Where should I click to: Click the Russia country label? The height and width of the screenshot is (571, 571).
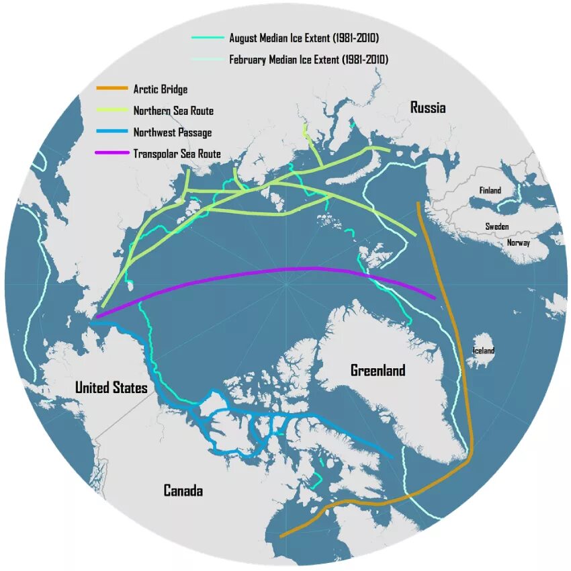coord(428,108)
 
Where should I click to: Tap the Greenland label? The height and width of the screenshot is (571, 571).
coord(378,370)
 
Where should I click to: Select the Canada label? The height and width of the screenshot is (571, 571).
coord(183,491)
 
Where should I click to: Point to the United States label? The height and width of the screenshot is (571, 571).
coord(111,388)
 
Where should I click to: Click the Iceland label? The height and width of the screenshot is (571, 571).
coord(484,351)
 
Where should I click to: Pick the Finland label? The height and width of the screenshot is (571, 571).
coord(490,191)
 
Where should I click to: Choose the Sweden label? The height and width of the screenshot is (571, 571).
coord(497,227)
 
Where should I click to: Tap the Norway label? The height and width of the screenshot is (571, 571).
coord(518,243)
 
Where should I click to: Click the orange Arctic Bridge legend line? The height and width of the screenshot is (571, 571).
coord(112,89)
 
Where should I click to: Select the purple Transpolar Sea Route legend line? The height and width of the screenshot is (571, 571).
coord(112,153)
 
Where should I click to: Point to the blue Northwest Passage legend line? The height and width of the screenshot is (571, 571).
coord(112,132)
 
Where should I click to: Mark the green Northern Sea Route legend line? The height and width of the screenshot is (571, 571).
coord(112,110)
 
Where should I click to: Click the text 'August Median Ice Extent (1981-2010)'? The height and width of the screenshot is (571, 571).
coord(308,38)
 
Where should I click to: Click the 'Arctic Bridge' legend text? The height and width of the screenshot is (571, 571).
coord(161,89)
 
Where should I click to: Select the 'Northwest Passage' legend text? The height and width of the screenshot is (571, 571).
coord(172,132)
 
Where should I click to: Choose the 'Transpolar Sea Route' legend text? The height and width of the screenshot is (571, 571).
coord(177,154)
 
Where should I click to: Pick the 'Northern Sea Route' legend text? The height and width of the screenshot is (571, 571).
coord(173,111)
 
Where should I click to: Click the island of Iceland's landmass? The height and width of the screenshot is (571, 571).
coord(481,360)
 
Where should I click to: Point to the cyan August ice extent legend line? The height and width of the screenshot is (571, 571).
coord(208,38)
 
